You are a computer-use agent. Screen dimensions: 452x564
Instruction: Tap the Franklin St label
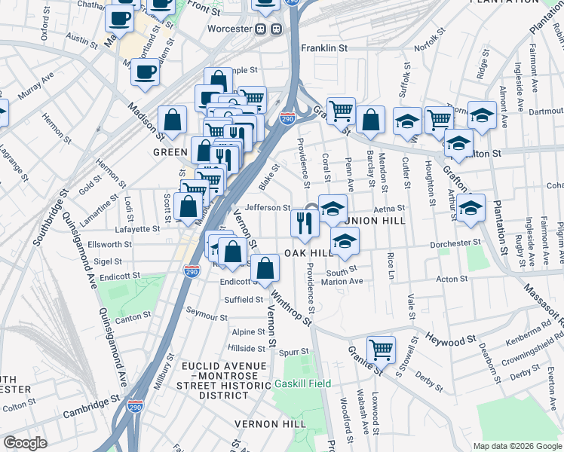point(323,47)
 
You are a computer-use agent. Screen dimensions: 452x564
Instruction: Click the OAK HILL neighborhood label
point(308,253)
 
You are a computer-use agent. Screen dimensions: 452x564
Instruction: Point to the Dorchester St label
point(455,243)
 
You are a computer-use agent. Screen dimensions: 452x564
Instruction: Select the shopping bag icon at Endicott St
point(265,267)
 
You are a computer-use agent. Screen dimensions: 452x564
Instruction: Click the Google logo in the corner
point(25,443)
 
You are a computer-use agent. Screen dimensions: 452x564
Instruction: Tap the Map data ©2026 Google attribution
point(516,446)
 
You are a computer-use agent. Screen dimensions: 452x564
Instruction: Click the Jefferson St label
point(268,207)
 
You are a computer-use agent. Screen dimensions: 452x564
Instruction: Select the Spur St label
point(293,351)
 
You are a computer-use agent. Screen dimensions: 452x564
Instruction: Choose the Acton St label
point(452,279)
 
